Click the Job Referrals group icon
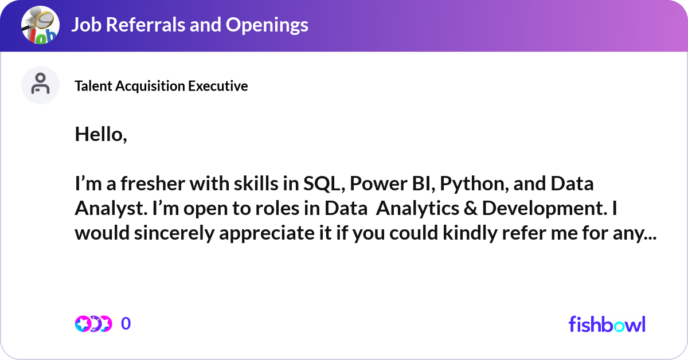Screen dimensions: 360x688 pyautogui.click(x=40, y=25)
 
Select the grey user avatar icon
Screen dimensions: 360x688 pyautogui.click(x=40, y=85)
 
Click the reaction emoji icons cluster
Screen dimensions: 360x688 pyautogui.click(x=93, y=324)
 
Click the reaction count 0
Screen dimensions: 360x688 pyautogui.click(x=126, y=324)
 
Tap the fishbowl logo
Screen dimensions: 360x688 pyautogui.click(x=607, y=324)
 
